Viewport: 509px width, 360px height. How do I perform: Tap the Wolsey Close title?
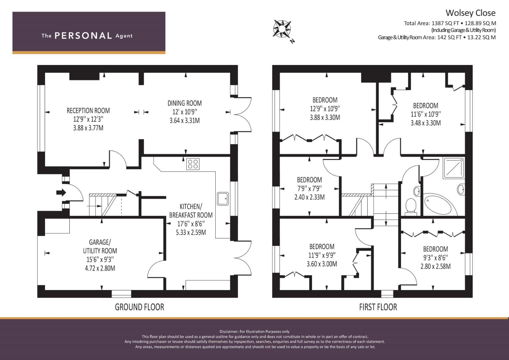click(470, 13)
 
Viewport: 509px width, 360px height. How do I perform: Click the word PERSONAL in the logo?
click(83, 36)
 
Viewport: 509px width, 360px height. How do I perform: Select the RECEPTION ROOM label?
click(88, 111)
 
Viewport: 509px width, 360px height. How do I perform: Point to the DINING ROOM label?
click(185, 103)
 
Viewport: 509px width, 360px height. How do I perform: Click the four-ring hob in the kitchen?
click(193, 164)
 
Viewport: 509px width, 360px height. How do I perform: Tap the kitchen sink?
click(223, 199)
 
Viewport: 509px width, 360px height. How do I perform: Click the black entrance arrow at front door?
click(61, 193)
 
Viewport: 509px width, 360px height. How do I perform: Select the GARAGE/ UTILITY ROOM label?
click(100, 246)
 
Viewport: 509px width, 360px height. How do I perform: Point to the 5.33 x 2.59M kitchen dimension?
click(191, 233)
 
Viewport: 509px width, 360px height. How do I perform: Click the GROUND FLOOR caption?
click(139, 307)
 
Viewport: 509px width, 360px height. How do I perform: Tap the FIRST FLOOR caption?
click(378, 307)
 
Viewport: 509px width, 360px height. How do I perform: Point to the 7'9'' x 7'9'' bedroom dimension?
click(309, 188)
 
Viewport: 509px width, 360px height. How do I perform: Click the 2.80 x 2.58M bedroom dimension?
click(435, 266)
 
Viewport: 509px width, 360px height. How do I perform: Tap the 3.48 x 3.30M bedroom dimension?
click(426, 123)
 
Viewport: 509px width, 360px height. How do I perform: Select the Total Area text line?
click(450, 23)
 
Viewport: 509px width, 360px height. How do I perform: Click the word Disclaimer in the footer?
click(229, 332)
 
